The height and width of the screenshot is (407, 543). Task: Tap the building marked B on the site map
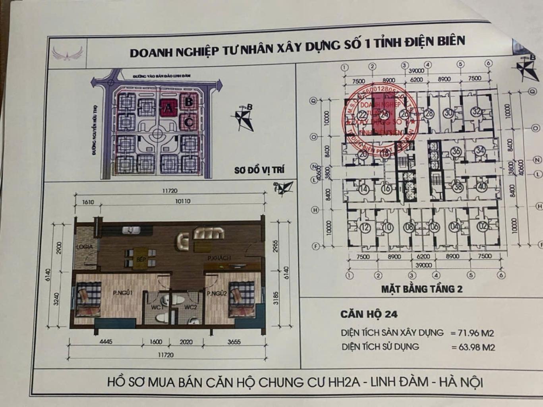[188, 102]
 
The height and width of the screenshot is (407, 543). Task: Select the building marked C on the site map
[189, 122]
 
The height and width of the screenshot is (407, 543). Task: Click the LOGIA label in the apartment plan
[84, 247]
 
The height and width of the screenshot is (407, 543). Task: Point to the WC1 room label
[157, 307]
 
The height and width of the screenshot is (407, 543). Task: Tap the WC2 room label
[190, 307]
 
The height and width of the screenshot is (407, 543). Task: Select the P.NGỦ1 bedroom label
[122, 293]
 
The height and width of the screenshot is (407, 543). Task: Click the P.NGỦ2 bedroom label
[216, 294]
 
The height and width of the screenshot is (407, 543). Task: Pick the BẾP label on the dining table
[141, 259]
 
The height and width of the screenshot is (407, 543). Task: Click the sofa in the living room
[208, 233]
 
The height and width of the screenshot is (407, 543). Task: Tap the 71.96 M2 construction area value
[472, 333]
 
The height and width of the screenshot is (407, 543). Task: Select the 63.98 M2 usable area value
[473, 347]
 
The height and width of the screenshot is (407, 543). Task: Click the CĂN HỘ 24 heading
[369, 314]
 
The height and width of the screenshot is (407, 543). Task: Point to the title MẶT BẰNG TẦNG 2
[422, 289]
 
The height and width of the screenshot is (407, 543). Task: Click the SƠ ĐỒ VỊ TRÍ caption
[259, 170]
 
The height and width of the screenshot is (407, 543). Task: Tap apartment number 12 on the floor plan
[365, 228]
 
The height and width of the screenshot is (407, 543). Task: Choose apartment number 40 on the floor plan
[482, 186]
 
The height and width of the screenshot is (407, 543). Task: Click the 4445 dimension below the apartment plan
[106, 341]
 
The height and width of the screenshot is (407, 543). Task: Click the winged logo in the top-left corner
[67, 53]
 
